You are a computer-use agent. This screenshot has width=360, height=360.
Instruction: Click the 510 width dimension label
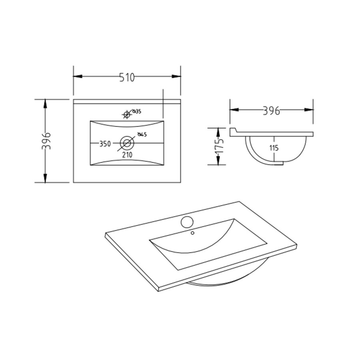(127, 77)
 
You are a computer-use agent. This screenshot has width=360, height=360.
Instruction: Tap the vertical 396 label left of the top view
(46, 141)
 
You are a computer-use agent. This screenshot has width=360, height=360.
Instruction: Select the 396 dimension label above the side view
(271, 110)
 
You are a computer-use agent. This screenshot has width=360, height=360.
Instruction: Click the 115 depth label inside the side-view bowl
(274, 148)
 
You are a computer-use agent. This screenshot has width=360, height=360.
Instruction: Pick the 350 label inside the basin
(105, 144)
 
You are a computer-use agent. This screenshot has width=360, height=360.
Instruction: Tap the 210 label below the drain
(127, 154)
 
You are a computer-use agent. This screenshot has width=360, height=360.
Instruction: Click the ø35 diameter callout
(137, 112)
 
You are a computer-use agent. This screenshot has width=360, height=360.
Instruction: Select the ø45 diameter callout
(142, 135)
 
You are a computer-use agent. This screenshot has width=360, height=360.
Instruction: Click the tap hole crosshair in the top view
(127, 115)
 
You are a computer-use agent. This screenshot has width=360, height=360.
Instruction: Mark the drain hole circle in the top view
(127, 142)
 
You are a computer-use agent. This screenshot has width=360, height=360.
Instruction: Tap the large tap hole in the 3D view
(186, 221)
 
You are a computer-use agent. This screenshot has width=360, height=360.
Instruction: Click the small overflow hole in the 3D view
(192, 232)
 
